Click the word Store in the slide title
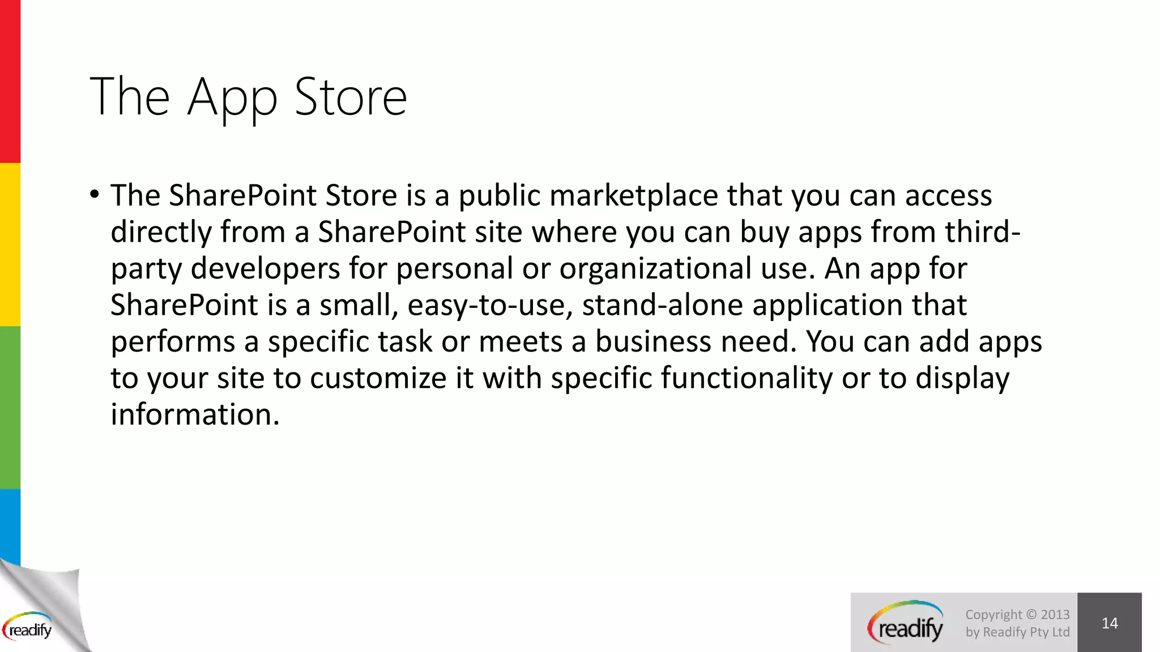351,97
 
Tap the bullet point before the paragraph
95,195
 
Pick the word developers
265,268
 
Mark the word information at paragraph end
195,414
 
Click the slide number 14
1109,623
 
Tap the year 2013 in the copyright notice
1055,615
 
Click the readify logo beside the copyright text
905,623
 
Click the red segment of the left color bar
10,81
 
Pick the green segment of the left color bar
10,407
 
